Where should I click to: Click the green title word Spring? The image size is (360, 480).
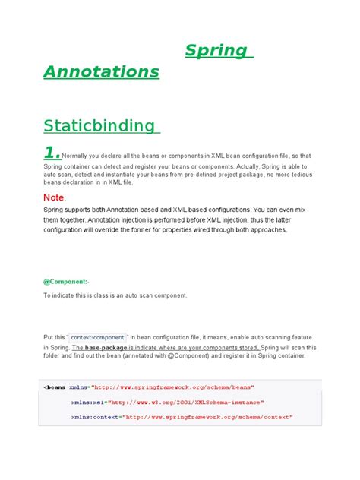(x=216, y=51)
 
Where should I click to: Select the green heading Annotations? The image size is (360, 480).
(x=101, y=71)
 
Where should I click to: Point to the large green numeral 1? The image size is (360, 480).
(x=51, y=153)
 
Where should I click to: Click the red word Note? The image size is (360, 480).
(x=54, y=198)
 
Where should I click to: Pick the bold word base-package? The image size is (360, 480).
(x=110, y=347)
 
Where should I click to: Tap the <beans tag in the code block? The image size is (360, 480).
(x=55, y=387)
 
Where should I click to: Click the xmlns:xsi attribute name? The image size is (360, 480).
(x=87, y=403)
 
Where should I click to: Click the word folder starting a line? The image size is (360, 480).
(x=53, y=355)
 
